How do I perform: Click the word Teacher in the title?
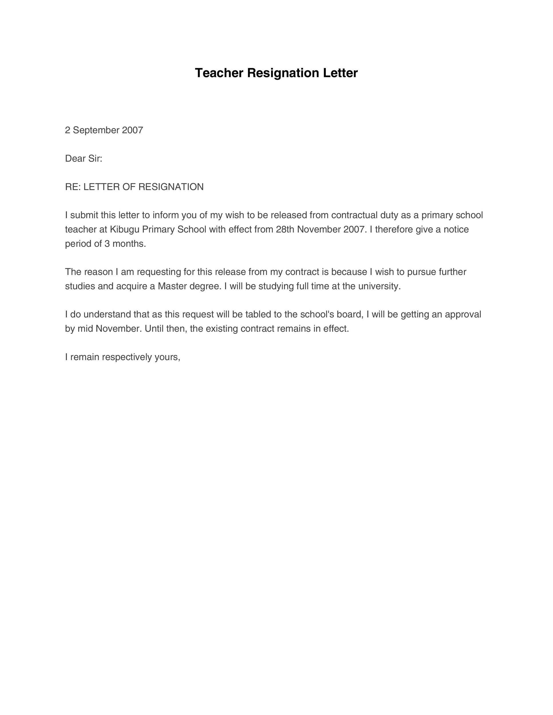[x=219, y=73]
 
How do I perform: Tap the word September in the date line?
[x=96, y=130]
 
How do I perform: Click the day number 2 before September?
[x=68, y=130]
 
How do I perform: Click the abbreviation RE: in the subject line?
[x=73, y=187]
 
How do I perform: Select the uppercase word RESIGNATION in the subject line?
[x=171, y=187]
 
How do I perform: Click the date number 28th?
[x=285, y=229]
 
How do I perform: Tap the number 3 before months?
[x=107, y=244]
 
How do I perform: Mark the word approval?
[x=463, y=315]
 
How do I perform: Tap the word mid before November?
[x=85, y=329]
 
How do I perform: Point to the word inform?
[x=165, y=215]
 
